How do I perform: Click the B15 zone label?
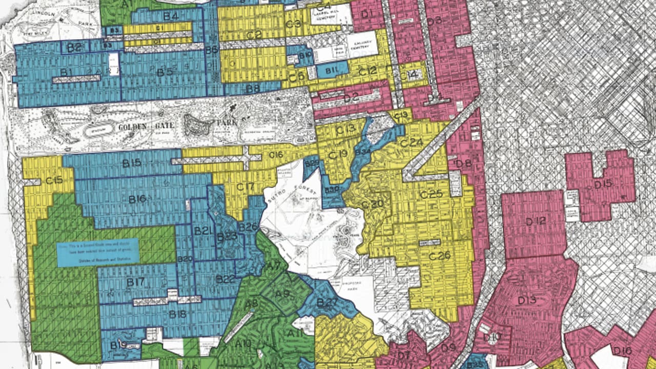(x=132, y=163)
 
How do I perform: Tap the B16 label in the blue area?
(x=137, y=199)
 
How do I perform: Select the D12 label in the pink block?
(x=536, y=221)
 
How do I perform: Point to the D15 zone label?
(x=603, y=183)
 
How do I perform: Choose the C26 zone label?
(x=440, y=255)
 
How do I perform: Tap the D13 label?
(x=527, y=300)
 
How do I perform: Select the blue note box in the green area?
(x=97, y=252)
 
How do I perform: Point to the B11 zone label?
(x=330, y=70)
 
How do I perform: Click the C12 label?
(x=367, y=72)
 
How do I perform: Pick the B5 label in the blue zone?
(x=165, y=72)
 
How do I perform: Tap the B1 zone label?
(x=66, y=72)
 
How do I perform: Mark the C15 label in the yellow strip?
(x=54, y=180)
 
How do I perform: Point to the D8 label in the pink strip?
(x=463, y=163)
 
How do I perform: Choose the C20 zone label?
(x=372, y=203)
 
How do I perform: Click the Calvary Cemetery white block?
(x=362, y=45)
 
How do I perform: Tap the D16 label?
(x=622, y=351)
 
